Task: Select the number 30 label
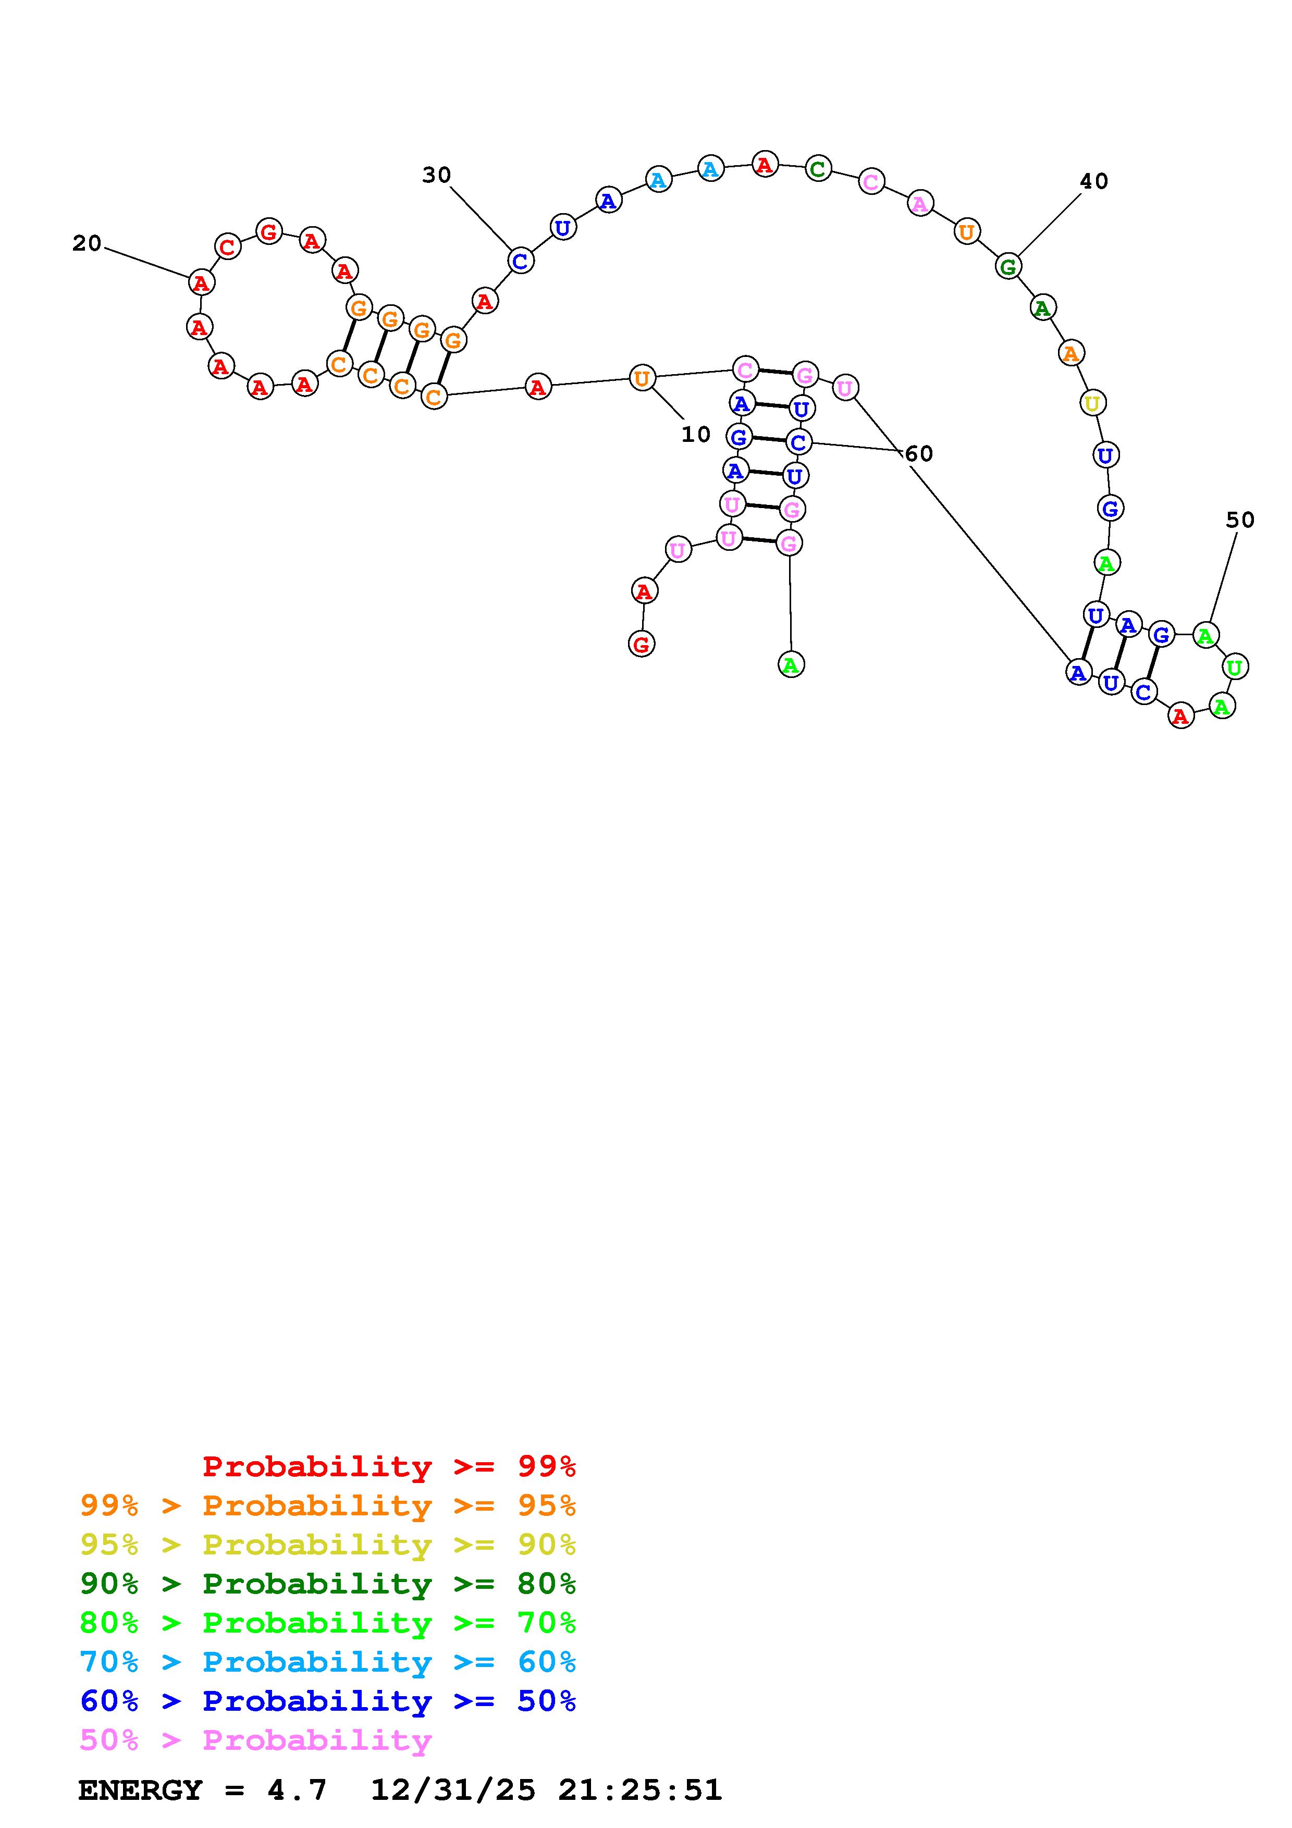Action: tap(436, 175)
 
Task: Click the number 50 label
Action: tap(1239, 521)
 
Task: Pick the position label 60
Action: tap(919, 454)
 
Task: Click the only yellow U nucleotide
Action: tap(1092, 404)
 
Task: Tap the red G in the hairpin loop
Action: tap(269, 232)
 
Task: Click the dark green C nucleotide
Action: tap(818, 169)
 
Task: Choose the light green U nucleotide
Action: tap(1235, 666)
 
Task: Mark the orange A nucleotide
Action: tap(1070, 353)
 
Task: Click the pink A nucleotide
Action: tap(919, 204)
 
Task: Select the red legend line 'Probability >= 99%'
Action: tap(388, 1466)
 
